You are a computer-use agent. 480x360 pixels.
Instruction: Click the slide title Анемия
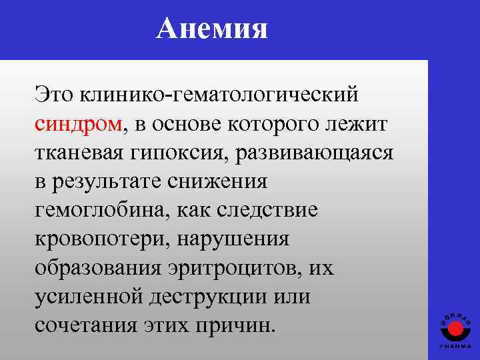[x=211, y=29]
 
